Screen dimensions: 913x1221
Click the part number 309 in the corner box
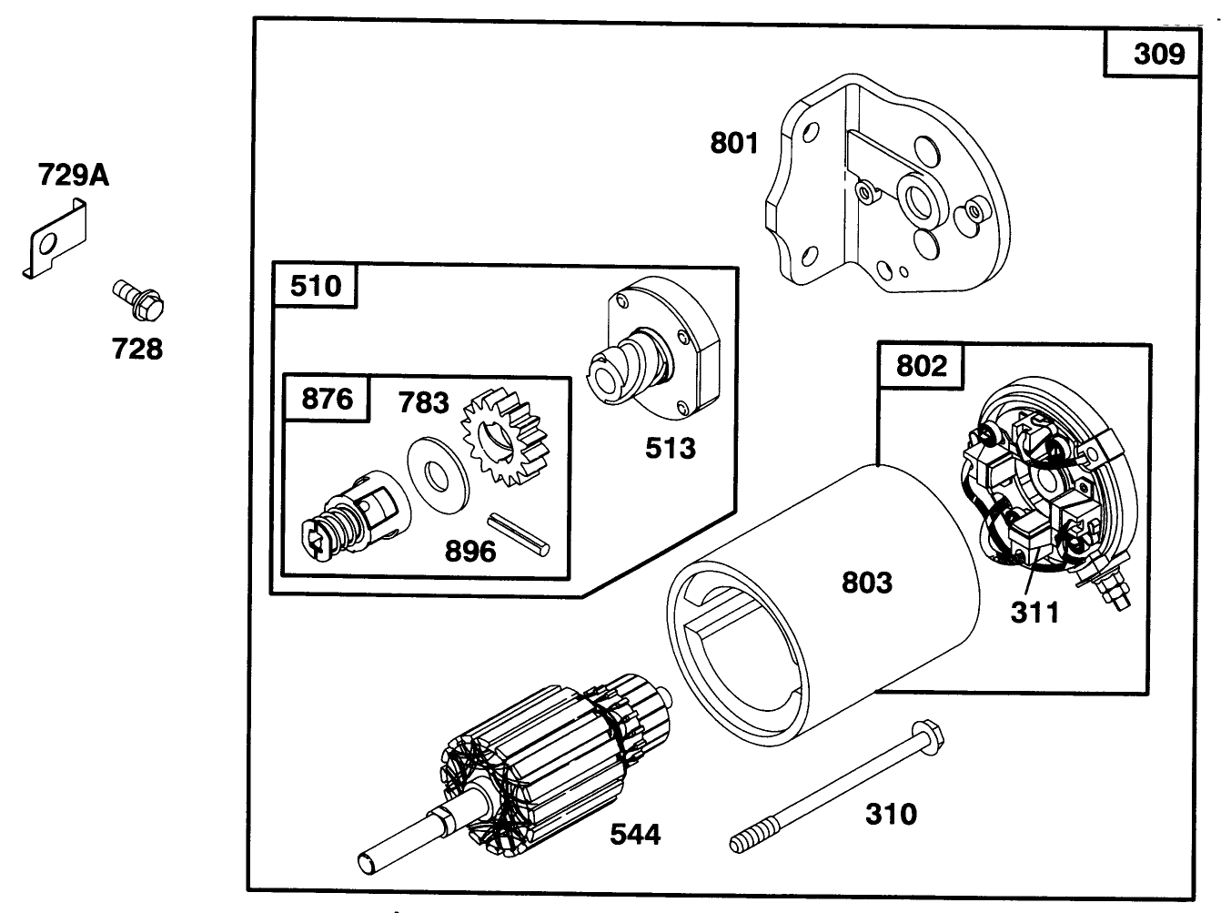pyautogui.click(x=1159, y=54)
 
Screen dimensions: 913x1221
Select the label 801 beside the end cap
pyautogui.click(x=734, y=143)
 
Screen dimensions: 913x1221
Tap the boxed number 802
pyautogui.click(x=921, y=366)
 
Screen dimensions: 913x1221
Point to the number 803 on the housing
pyautogui.click(x=866, y=582)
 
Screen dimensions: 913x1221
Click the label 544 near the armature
pyautogui.click(x=635, y=833)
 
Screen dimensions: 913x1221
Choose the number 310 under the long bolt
pyautogui.click(x=891, y=813)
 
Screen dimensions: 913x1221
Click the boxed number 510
pyautogui.click(x=315, y=286)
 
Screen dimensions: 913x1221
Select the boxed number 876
pyautogui.click(x=327, y=399)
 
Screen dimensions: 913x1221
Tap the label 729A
pyautogui.click(x=73, y=174)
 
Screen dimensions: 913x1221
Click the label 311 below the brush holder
pyautogui.click(x=1035, y=612)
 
